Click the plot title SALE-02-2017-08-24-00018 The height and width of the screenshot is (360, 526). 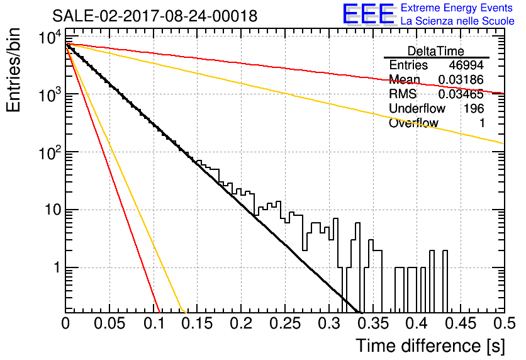point(155,16)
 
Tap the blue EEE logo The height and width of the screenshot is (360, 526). point(369,14)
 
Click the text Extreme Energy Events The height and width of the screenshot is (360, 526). point(457,8)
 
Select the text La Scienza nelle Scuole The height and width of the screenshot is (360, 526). point(457,21)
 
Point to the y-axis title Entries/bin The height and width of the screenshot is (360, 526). point(13,70)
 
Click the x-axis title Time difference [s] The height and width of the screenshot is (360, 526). point(430,346)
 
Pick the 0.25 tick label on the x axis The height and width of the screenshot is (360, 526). point(285,323)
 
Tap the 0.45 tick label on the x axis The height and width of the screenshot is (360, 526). point(461,323)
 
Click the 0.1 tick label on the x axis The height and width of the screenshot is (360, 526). point(154,323)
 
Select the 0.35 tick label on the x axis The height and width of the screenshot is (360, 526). point(373,323)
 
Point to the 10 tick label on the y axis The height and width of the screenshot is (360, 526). point(53,210)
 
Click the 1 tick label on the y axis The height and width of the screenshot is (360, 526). point(57,268)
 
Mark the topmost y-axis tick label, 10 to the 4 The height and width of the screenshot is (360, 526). point(50,37)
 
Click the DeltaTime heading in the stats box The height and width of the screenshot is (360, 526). point(436,52)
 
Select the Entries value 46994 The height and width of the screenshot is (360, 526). point(466,65)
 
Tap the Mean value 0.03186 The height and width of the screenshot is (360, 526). point(461,80)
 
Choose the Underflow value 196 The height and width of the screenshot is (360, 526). point(474,108)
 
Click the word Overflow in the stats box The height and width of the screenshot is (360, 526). point(413,123)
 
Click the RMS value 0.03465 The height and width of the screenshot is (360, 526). point(461,94)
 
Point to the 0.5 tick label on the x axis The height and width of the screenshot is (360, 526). point(505,323)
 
